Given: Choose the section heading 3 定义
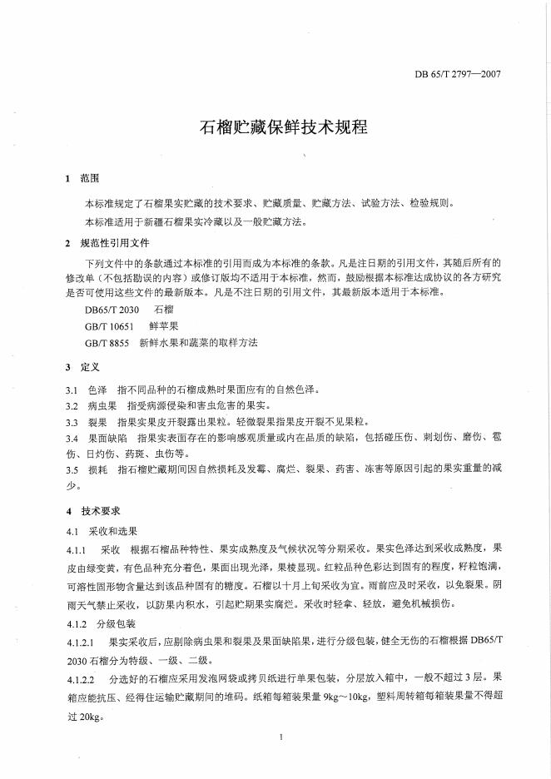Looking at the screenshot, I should click(82, 366).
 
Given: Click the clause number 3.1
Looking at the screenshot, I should click(72, 389).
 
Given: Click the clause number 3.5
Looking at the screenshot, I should click(72, 470).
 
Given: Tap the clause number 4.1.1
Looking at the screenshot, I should click(77, 549).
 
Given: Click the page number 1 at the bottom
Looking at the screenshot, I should click(282, 737).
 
